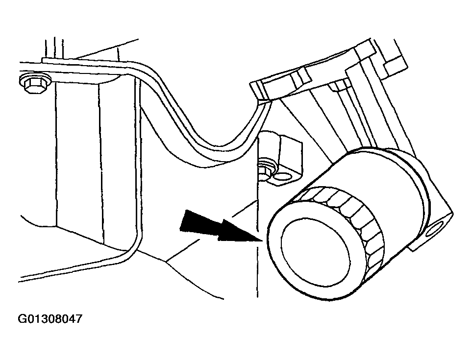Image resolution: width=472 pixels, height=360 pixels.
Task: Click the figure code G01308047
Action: coord(50,320)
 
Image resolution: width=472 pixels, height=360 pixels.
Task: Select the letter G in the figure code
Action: coord(22,320)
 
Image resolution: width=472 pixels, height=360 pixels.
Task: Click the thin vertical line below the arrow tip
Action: coord(257,274)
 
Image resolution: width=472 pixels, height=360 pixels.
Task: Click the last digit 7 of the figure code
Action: coord(78,320)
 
